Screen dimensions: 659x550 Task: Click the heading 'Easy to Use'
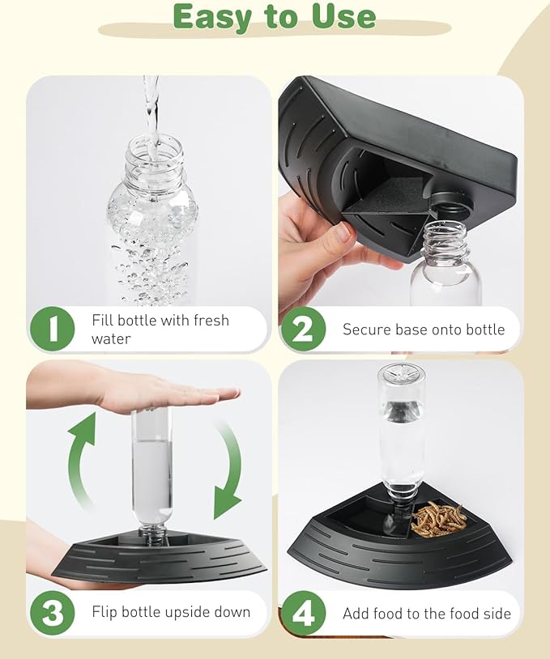[x=274, y=16]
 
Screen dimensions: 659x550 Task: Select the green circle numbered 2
[x=303, y=329]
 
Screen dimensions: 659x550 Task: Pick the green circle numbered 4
[x=303, y=613]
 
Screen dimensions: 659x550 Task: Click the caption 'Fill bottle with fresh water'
[x=160, y=329]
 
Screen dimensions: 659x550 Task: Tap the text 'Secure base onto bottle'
[x=423, y=329]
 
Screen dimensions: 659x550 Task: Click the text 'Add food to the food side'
[x=426, y=613]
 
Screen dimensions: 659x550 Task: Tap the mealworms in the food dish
[x=438, y=517]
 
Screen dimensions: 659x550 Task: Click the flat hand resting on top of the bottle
[x=162, y=393]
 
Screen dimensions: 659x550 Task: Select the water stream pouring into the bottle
[x=151, y=105]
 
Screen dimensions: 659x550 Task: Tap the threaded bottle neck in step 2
[x=445, y=239]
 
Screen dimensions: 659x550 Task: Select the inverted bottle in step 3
[x=152, y=470]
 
